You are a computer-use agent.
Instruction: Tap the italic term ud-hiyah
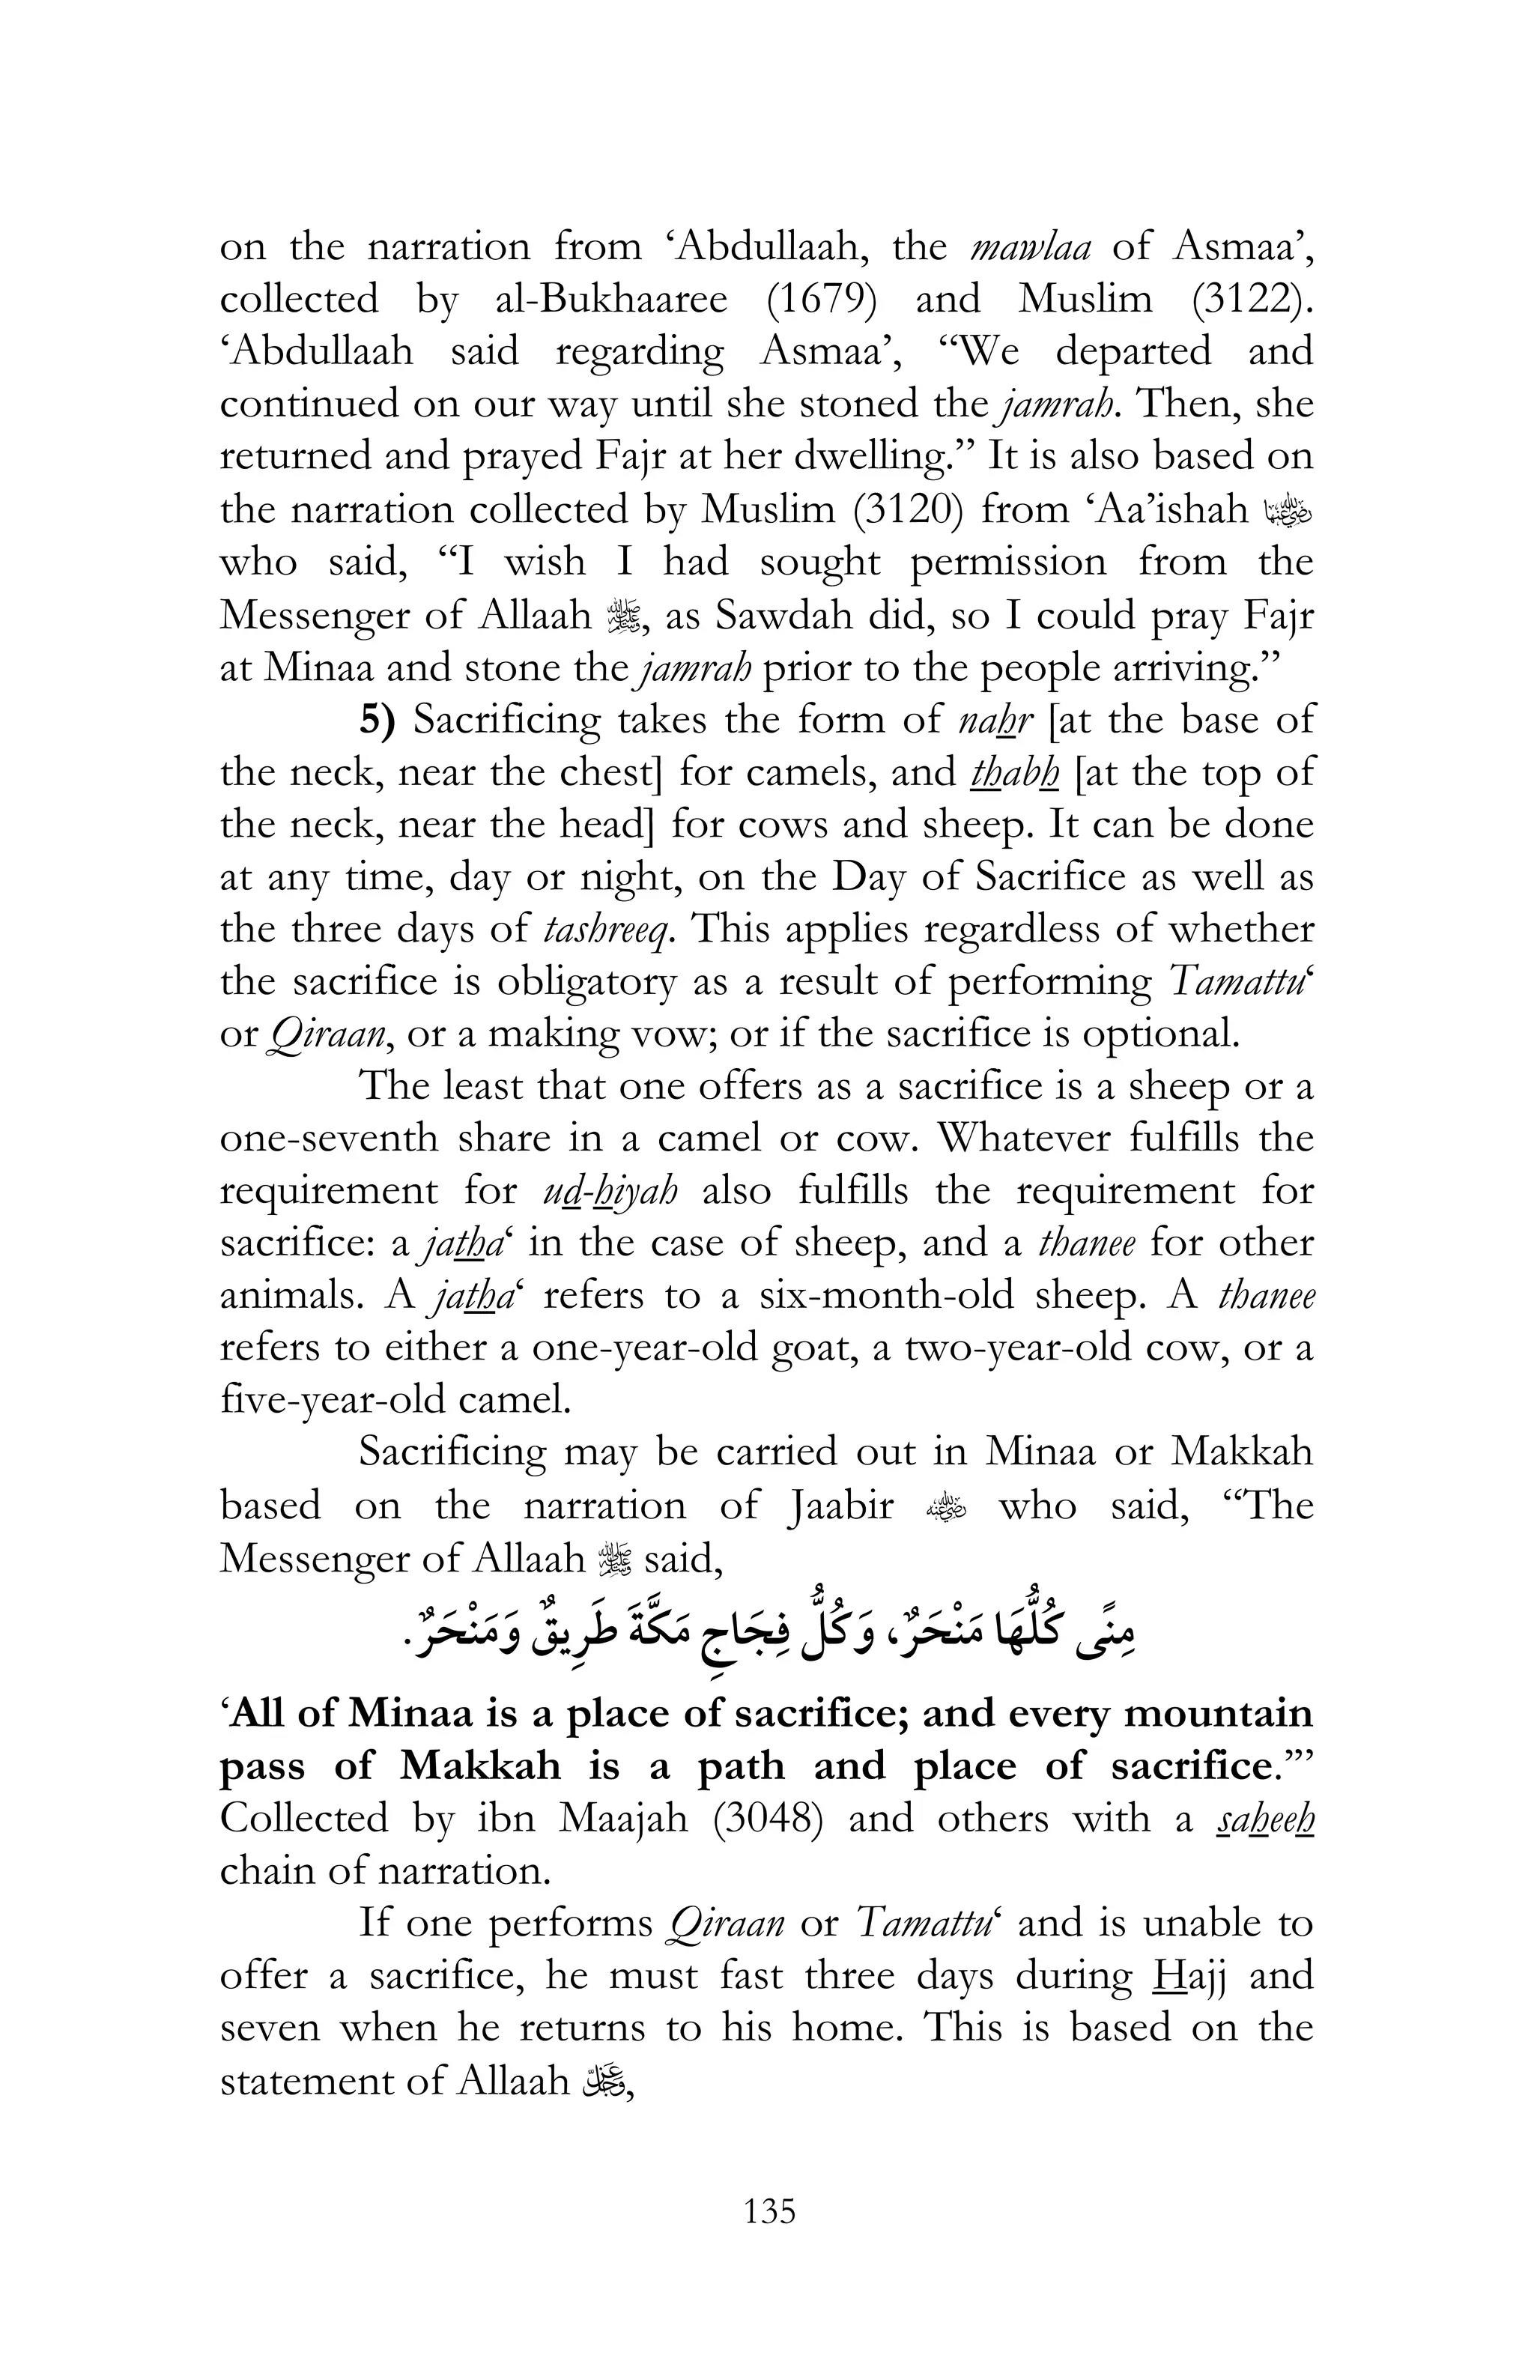pos(611,1192)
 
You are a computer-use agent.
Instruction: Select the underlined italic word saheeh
pos(1265,1819)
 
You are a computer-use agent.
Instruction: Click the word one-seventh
pos(329,1139)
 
